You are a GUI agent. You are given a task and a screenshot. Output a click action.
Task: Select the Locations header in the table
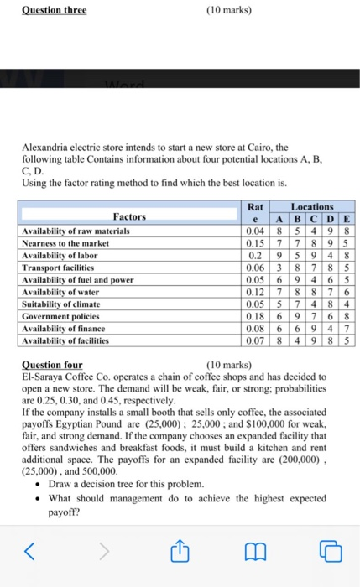tap(312, 205)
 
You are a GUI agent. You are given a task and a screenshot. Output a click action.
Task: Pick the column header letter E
tap(347, 218)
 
